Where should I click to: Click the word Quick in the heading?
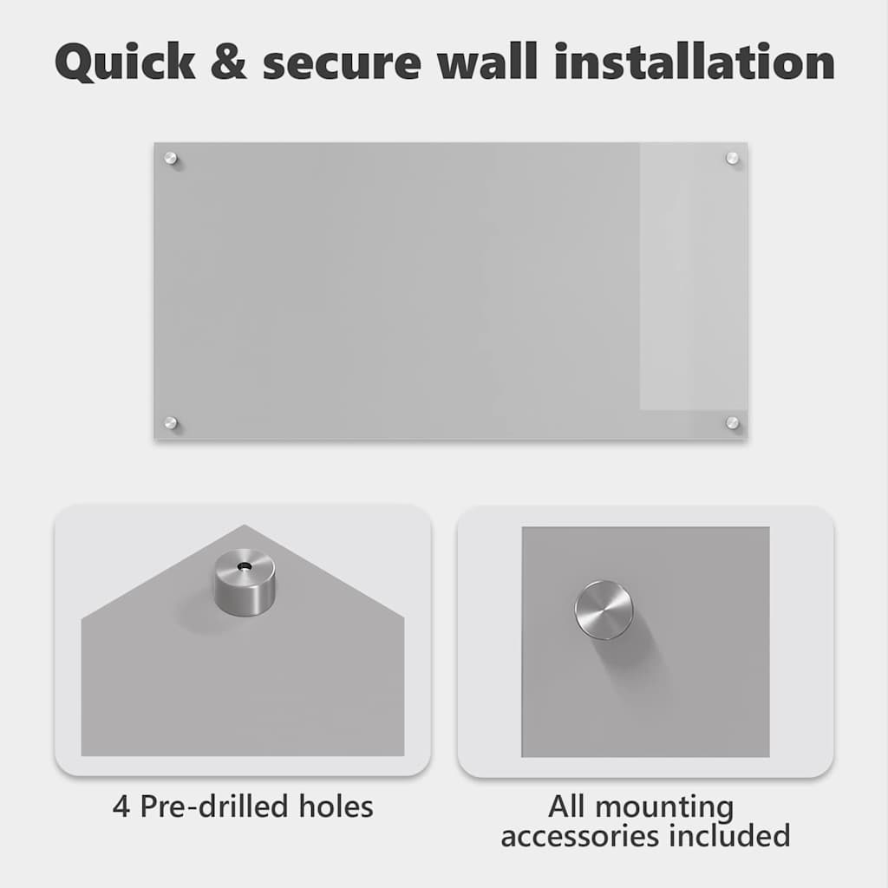126,62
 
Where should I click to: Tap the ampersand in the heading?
229,62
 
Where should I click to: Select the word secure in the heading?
342,64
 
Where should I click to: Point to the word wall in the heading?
486,61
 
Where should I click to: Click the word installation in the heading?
694,61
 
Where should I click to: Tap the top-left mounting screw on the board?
171,158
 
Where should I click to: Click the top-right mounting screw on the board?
732,158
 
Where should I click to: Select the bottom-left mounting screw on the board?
171,422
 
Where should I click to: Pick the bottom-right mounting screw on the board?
732,422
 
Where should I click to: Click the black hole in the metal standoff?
245,565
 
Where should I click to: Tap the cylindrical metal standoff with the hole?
245,583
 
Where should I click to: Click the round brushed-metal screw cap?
604,610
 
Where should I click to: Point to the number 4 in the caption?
121,806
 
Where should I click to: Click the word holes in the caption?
336,806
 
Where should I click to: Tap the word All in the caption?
568,806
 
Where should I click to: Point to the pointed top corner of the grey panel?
244,526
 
